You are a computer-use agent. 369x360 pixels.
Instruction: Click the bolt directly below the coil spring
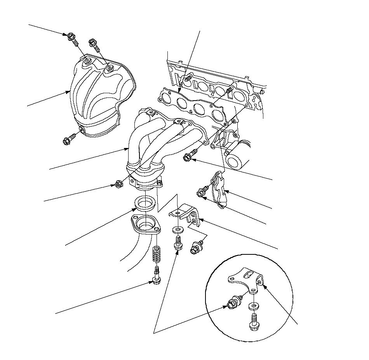pos(156,277)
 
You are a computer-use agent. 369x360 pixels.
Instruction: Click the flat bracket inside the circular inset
pos(245,278)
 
